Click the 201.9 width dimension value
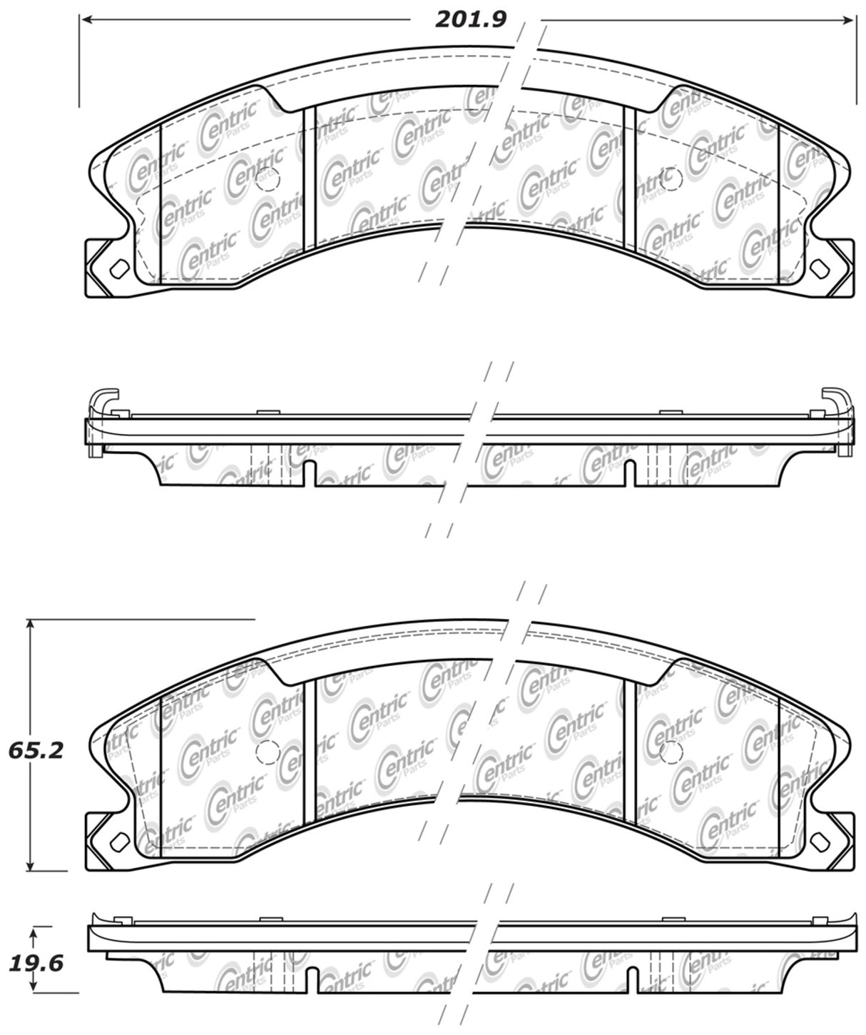click(x=471, y=20)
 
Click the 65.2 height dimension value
click(x=36, y=751)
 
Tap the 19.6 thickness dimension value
click(x=36, y=964)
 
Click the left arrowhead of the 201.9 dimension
click(x=88, y=20)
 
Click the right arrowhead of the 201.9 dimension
click(x=847, y=20)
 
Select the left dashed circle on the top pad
click(x=268, y=179)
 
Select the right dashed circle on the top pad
click(x=671, y=178)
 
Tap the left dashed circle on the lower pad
click(x=268, y=752)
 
